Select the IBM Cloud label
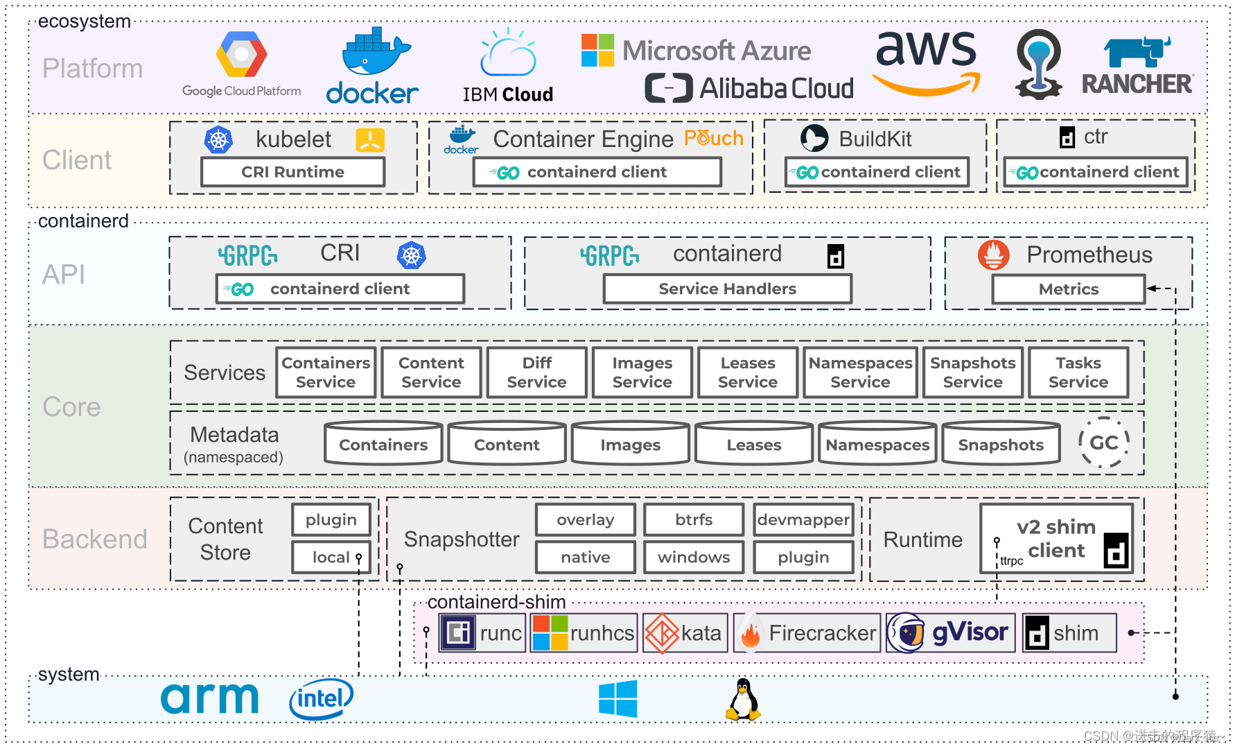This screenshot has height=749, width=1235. (508, 94)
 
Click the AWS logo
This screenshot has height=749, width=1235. (927, 62)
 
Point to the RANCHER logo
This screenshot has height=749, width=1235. (1138, 68)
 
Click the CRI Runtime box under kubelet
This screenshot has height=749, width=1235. (292, 172)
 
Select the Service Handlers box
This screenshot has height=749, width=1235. (727, 289)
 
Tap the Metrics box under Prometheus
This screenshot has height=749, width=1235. (1068, 289)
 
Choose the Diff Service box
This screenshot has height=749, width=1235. (536, 372)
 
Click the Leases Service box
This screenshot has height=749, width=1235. (748, 372)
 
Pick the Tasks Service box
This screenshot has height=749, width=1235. (1078, 372)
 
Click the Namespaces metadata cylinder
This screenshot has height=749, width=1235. (877, 444)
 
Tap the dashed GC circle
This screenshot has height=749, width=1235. (1103, 442)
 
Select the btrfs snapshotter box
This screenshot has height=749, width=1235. (694, 519)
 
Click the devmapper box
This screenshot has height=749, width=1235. (803, 519)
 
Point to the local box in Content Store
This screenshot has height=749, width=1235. (331, 557)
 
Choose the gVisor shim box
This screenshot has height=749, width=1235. (951, 632)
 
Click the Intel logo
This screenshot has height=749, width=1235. (321, 698)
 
